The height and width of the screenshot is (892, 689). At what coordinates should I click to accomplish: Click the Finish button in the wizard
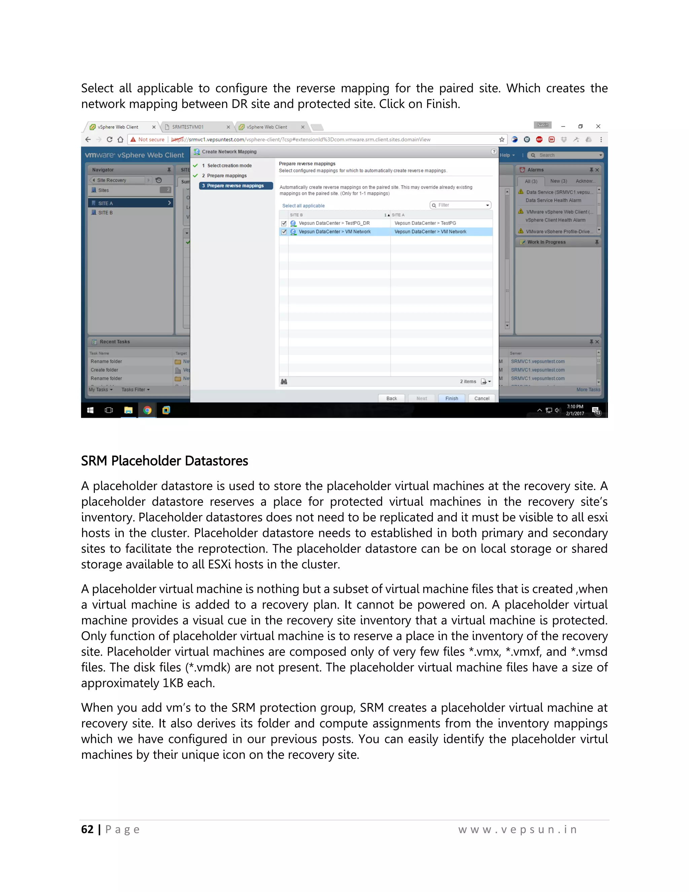[x=451, y=398]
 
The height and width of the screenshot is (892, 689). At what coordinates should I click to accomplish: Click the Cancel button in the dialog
[x=482, y=398]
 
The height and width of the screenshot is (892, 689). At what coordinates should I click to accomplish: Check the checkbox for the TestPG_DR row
[x=284, y=224]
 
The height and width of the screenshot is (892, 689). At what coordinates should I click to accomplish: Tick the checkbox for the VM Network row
[x=284, y=232]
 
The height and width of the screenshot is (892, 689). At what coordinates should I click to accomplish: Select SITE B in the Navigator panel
[x=105, y=213]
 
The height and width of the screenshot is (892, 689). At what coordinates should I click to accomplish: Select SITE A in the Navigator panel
[x=105, y=203]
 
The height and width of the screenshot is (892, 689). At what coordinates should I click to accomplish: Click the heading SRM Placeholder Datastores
[x=165, y=461]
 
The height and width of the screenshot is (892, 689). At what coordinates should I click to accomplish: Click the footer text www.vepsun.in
[x=517, y=829]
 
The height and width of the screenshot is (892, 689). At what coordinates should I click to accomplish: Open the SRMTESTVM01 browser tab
[x=188, y=127]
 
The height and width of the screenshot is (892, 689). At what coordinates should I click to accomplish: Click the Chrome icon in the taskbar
[x=147, y=410]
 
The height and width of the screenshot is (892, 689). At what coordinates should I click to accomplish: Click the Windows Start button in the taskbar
[x=90, y=410]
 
